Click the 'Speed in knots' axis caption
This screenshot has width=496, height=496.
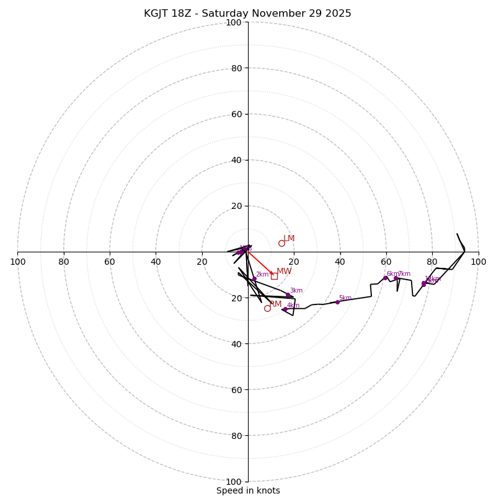pos(248,490)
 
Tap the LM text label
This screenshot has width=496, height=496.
pos(289,239)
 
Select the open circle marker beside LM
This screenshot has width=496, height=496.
pos(281,243)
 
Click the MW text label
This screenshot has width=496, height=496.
pos(284,272)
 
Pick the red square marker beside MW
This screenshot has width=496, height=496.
pos(274,276)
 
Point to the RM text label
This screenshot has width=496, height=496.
pos(275,304)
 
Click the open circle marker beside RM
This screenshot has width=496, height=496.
pos(267,308)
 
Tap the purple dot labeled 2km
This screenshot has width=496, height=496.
pos(254,279)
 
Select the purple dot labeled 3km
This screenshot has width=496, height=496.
pos(288,295)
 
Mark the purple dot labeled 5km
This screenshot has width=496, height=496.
pos(337,302)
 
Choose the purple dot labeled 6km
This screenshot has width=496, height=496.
pos(385,278)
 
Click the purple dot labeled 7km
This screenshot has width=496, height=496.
pos(396,278)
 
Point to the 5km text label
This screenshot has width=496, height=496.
pos(345,298)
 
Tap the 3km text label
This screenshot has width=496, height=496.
pos(296,291)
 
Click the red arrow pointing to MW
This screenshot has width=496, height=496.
pos(260,263)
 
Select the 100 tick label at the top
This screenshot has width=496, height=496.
pos(234,23)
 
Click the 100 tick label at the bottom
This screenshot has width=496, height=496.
pos(234,482)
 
